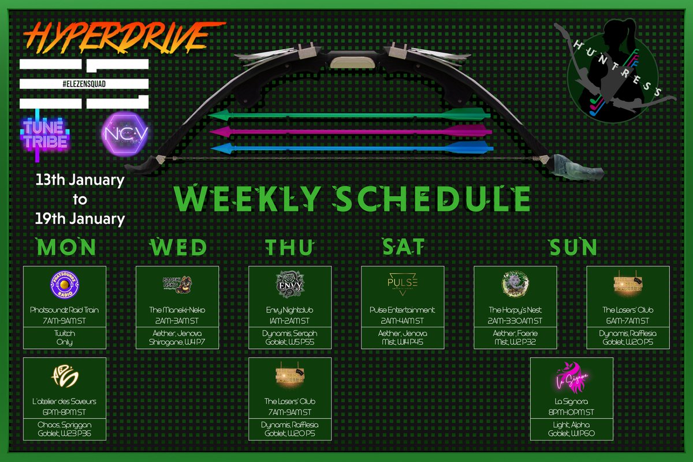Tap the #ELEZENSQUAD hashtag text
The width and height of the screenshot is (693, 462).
tap(84, 84)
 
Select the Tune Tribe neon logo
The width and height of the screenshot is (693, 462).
tap(45, 133)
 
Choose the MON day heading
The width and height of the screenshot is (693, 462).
tap(66, 247)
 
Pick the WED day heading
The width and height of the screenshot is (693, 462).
tap(178, 247)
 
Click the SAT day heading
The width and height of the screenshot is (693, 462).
tap(404, 247)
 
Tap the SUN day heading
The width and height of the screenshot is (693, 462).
tap(573, 247)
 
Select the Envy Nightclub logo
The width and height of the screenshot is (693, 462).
tap(290, 282)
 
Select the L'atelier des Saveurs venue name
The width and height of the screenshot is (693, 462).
tap(65, 401)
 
